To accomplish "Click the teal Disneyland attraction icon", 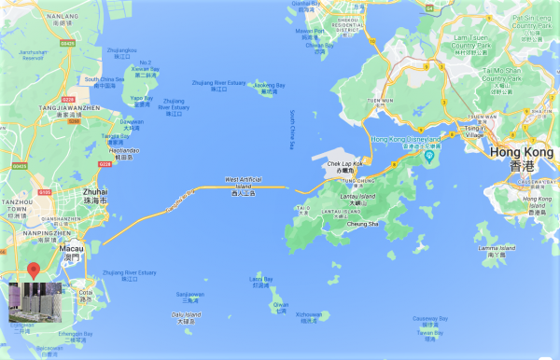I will (430, 155).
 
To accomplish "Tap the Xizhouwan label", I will (308, 314).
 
